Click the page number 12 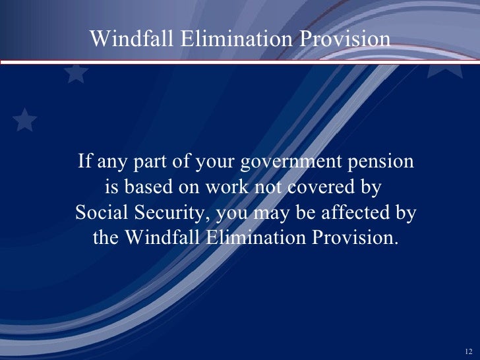[x=469, y=349]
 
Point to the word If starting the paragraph [x=84, y=162]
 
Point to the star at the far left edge [x=24, y=120]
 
